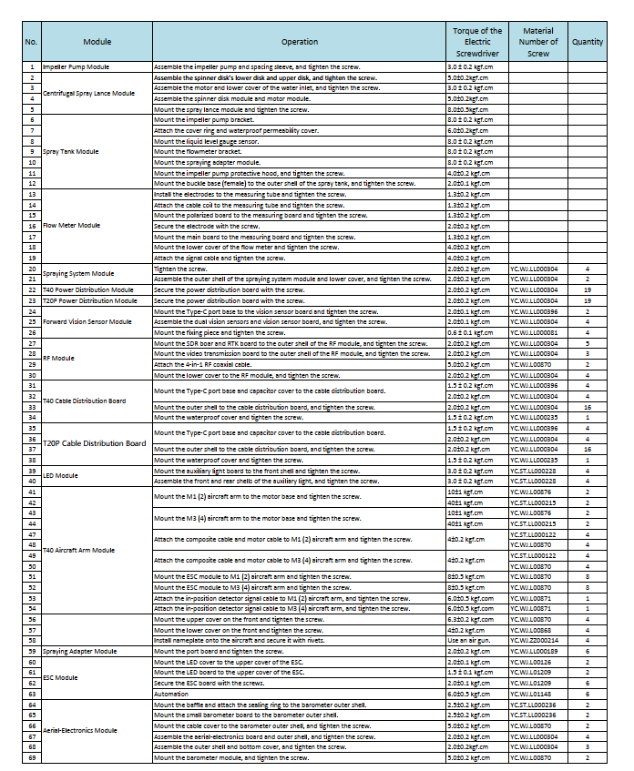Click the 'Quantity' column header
click(588, 42)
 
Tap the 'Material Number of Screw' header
click(538, 42)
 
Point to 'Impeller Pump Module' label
click(77, 67)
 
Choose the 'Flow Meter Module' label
click(72, 225)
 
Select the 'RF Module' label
click(59, 358)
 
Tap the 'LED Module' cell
click(61, 476)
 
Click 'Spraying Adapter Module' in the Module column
click(80, 652)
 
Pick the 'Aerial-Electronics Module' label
click(80, 731)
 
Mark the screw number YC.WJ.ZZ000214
click(535, 642)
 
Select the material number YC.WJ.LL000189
click(535, 652)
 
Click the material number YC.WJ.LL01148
click(533, 693)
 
